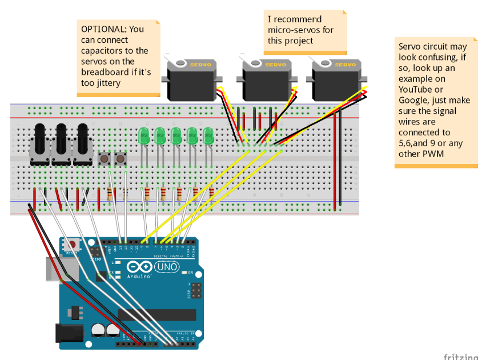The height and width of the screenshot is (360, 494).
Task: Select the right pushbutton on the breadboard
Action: (x=121, y=158)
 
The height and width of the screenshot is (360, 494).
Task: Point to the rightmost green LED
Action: (x=208, y=136)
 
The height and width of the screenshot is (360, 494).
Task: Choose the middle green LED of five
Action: (x=176, y=136)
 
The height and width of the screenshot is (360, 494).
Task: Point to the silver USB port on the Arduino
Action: (x=52, y=269)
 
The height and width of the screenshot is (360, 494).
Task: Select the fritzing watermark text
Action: (x=460, y=356)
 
